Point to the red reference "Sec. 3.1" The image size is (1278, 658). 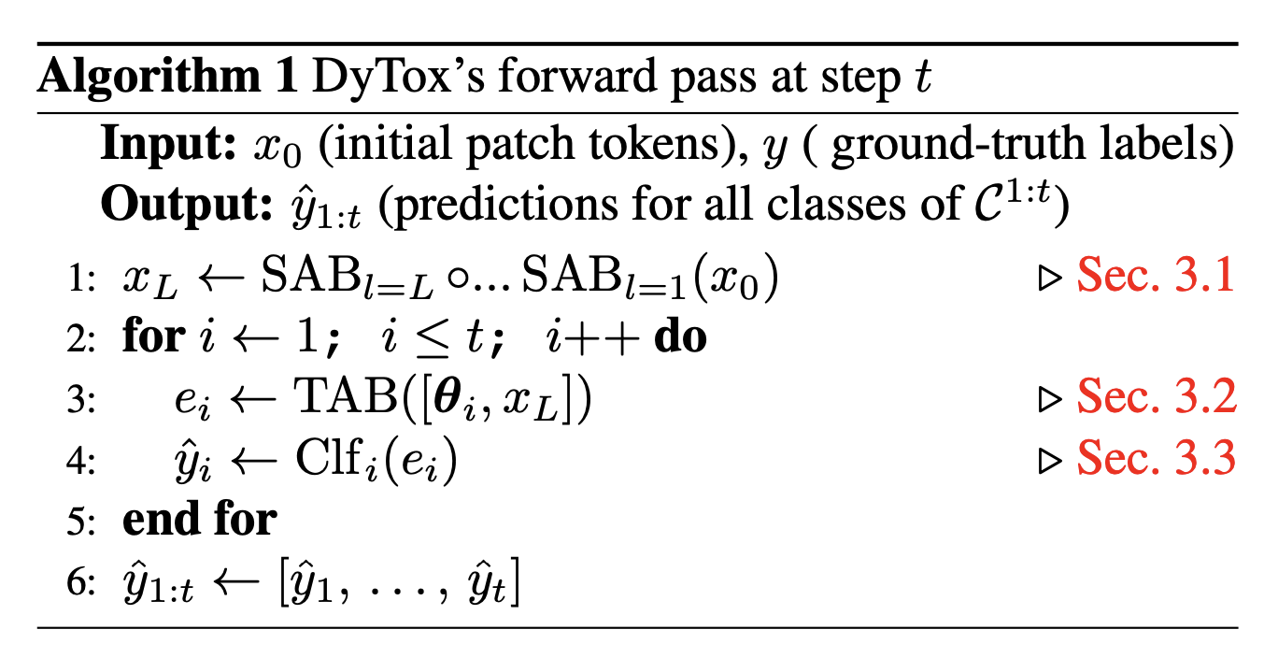[1156, 278]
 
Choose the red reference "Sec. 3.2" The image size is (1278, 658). [1156, 397]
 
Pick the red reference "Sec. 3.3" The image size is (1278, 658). [1156, 457]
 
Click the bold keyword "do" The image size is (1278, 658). [679, 337]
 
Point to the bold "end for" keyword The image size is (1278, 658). [199, 519]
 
